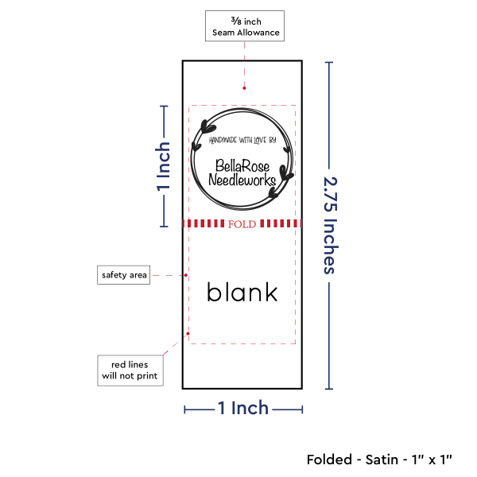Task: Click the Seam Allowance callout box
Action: click(x=245, y=26)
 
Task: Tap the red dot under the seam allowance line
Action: click(x=244, y=88)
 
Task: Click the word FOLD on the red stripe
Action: click(x=242, y=224)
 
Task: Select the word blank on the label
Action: click(x=242, y=292)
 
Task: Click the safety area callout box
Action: click(x=123, y=275)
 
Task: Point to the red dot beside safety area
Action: click(x=186, y=275)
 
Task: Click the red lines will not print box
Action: click(x=130, y=370)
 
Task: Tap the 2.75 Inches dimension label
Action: click(x=331, y=226)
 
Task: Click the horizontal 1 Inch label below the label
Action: click(x=243, y=408)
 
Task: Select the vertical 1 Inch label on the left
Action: click(x=163, y=166)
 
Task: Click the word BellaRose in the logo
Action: click(x=242, y=166)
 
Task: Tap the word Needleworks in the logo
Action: click(x=242, y=180)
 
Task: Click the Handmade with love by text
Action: click(x=242, y=140)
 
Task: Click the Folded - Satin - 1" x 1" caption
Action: click(x=379, y=460)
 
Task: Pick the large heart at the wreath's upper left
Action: click(x=208, y=126)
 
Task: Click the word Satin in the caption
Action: click(x=382, y=460)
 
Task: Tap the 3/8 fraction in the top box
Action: click(x=236, y=21)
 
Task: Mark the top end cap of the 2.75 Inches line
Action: click(x=329, y=62)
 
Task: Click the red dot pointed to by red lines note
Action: click(x=188, y=334)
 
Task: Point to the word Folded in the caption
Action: click(x=329, y=460)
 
